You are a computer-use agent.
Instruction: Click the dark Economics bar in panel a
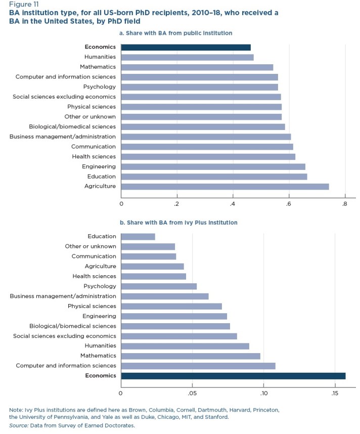point(186,47)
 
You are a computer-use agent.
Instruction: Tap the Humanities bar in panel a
point(187,57)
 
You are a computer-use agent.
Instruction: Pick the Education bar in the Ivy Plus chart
point(138,236)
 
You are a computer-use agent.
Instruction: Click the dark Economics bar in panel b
point(233,375)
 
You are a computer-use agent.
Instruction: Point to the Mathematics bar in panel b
point(191,356)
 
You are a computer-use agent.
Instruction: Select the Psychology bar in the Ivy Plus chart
point(159,286)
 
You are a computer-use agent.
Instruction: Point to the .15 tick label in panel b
point(335,393)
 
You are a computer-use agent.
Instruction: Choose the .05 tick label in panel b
point(192,393)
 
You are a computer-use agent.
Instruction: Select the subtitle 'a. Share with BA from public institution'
point(175,33)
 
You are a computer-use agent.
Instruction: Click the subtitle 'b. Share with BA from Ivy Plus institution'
point(178,222)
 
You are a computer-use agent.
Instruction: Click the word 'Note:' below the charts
point(16,409)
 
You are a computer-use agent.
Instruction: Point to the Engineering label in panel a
point(99,166)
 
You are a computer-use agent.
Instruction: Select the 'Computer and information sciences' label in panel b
point(66,365)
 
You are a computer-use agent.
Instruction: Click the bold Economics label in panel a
point(100,47)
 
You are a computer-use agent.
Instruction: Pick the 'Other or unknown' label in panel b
point(91,246)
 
